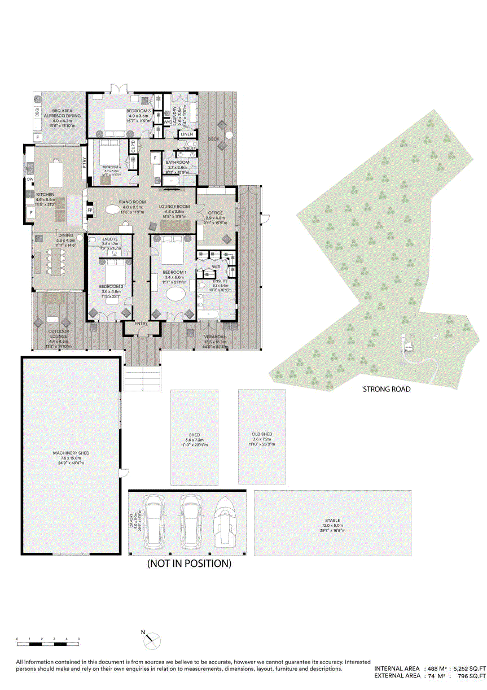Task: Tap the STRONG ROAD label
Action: (x=386, y=389)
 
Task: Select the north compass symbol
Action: (x=151, y=639)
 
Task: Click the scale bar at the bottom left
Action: (x=48, y=643)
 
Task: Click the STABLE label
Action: (x=332, y=520)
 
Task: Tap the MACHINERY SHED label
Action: (x=71, y=453)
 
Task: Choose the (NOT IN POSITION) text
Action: (x=189, y=564)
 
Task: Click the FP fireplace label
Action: (x=90, y=210)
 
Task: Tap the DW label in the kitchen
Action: (x=29, y=180)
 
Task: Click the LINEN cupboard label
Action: (x=187, y=134)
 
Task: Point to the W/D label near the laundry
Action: (x=168, y=121)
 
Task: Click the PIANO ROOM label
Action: (x=132, y=202)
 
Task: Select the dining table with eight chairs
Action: (x=56, y=261)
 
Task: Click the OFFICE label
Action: (x=215, y=213)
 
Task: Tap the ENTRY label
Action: (x=141, y=324)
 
